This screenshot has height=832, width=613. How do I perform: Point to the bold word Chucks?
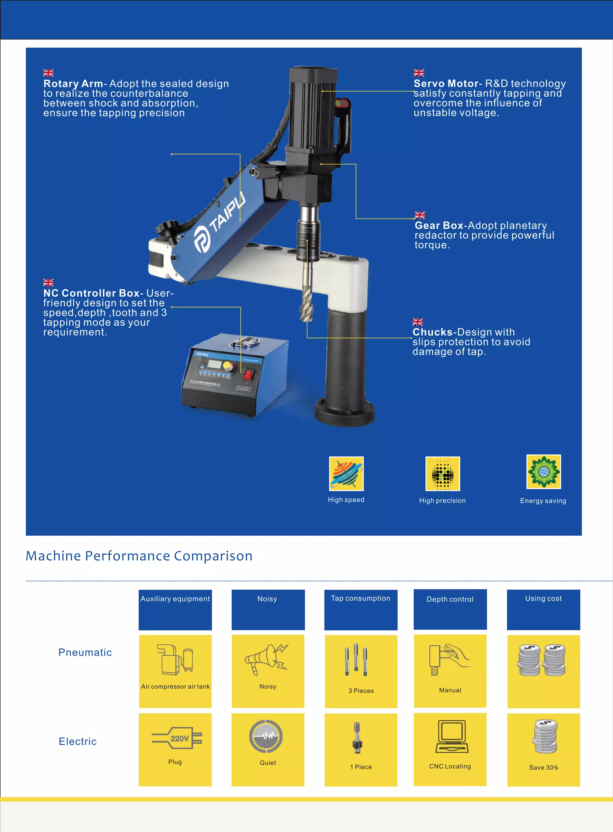coord(432,332)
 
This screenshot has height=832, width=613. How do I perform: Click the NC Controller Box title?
coord(91,293)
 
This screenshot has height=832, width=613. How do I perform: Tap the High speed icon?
coord(346,474)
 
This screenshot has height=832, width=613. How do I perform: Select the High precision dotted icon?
coord(443,474)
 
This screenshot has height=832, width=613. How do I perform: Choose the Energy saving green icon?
coord(544,472)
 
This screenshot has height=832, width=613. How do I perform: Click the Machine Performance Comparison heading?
coord(139,556)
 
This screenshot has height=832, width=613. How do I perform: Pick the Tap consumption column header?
coord(361,598)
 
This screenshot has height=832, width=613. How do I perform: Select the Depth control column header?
coord(450,599)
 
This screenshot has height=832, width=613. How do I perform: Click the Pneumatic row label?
coord(85,652)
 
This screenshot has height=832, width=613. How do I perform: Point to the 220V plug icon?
coord(177,738)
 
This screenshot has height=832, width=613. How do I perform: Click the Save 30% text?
coord(544,767)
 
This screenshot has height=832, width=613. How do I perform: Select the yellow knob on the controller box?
coord(228,366)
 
